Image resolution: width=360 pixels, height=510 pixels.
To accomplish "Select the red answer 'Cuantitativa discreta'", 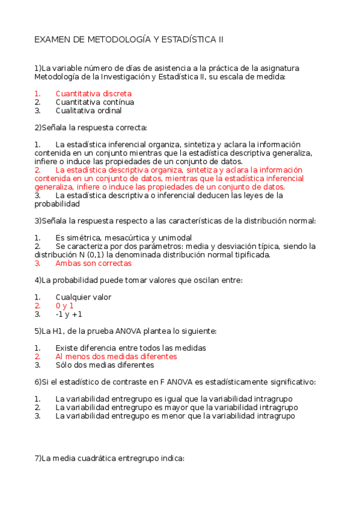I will coord(93,94).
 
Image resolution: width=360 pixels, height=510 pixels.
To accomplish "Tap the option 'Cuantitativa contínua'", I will coord(94,102).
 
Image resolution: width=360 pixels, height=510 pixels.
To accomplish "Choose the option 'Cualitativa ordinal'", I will coord(88,111).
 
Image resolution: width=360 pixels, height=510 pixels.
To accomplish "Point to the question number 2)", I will coord(38,127).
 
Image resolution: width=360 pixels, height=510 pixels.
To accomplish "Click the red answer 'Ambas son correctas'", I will coord(93,263).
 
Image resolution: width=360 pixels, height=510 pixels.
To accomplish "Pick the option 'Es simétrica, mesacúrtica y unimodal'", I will coord(123,238).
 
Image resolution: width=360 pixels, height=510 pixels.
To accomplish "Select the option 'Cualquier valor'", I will coord(83,297).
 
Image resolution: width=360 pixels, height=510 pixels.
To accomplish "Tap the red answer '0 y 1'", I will coord(64,306).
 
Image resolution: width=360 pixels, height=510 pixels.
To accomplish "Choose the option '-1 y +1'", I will coord(69,314).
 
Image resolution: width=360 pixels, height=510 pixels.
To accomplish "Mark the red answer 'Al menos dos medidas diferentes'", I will coord(116,356).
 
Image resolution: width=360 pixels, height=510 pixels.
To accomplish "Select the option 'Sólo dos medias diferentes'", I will coord(105,364).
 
